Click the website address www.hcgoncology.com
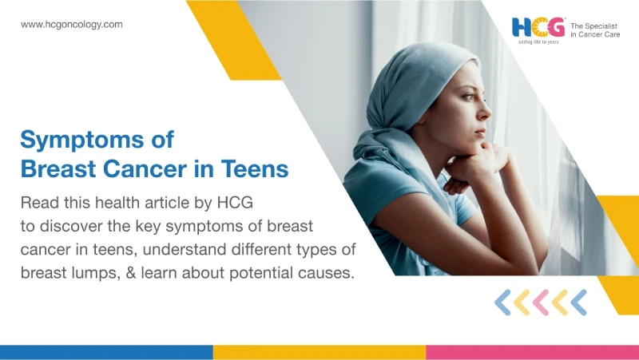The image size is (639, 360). [x=72, y=25]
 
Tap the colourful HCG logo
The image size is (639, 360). [x=538, y=27]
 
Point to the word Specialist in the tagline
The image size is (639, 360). [x=601, y=26]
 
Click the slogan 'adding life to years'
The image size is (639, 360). [x=538, y=42]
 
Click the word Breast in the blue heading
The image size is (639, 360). [x=58, y=168]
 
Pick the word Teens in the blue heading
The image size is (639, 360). [x=255, y=168]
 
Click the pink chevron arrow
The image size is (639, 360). [x=541, y=303]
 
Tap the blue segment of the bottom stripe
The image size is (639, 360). [x=106, y=352]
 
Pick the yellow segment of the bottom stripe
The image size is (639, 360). [x=319, y=352]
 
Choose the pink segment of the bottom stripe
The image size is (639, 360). [x=533, y=352]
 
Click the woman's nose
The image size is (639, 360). [x=484, y=111]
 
